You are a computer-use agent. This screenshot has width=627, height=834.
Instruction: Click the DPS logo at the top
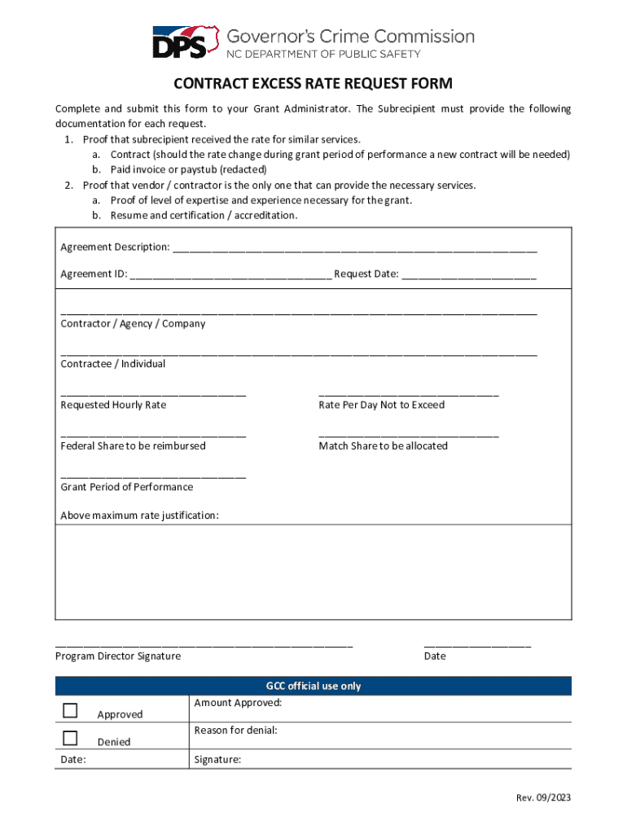pos(186,42)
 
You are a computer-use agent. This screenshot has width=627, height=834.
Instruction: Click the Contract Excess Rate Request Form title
pos(313,84)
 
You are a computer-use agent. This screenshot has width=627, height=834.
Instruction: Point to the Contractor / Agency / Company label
pos(133,323)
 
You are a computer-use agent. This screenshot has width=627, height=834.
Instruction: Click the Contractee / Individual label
pos(113,364)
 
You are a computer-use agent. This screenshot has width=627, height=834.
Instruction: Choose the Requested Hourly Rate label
pos(113,405)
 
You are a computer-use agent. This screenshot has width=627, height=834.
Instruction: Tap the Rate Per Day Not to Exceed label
pos(382,405)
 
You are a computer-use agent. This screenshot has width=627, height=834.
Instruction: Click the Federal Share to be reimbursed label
pos(133,446)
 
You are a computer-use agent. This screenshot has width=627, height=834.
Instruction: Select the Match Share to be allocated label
pos(383,446)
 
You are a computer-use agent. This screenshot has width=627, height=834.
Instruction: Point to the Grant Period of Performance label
pos(127,487)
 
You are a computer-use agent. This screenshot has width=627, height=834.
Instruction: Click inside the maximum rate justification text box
pos(313,573)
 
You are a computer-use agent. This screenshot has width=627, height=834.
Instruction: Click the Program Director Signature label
pos(118,656)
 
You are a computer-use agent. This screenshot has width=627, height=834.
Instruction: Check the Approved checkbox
pos(70,710)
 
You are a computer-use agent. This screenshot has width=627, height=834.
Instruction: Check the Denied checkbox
pos(70,738)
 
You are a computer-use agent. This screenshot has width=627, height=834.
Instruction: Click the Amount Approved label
pos(238,703)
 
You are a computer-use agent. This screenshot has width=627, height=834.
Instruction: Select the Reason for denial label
pos(235,731)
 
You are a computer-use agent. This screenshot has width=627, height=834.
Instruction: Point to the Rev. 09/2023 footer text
pos(543,797)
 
